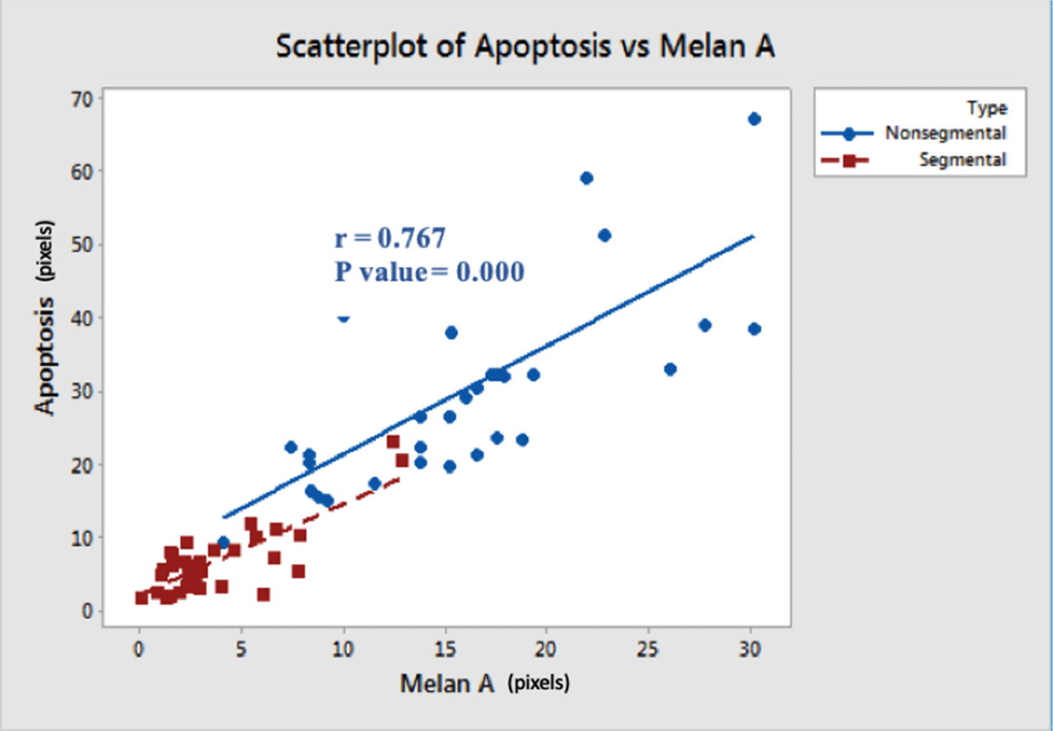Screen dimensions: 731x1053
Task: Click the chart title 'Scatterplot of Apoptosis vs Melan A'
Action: pos(525,47)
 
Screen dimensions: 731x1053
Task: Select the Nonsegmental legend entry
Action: pos(944,133)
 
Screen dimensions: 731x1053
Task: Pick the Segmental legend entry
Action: pos(962,160)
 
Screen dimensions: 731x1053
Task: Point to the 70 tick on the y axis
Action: pos(85,99)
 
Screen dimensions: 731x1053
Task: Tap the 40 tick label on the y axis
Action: pos(85,318)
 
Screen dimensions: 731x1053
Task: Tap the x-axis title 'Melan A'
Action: pos(448,683)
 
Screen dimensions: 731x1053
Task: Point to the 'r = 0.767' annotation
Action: pos(390,239)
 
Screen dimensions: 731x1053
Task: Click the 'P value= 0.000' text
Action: pos(429,272)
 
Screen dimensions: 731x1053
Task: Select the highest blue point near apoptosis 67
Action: pos(754,119)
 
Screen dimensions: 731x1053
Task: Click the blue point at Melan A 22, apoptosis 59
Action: pos(587,178)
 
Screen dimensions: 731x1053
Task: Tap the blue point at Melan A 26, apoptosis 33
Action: pos(670,369)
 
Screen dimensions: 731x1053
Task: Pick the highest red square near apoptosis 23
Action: pos(394,442)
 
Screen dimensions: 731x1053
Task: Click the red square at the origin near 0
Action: pos(142,597)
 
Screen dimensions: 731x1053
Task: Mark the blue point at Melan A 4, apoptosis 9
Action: pos(223,542)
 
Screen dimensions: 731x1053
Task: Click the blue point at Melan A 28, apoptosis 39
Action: pos(705,325)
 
